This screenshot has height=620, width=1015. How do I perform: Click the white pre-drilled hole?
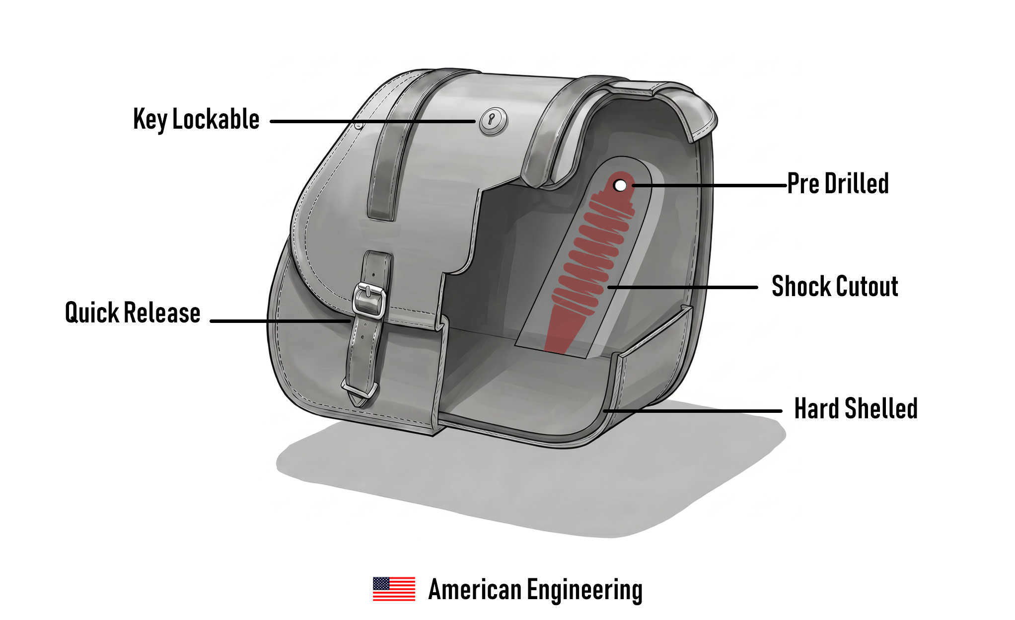(620, 185)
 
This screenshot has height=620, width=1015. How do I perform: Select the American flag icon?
(394, 589)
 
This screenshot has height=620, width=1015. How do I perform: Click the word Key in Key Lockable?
(150, 120)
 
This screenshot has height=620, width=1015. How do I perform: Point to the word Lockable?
(216, 119)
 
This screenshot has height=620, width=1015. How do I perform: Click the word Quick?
(92, 312)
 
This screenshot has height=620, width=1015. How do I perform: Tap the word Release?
(162, 312)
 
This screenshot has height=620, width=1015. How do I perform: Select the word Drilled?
(857, 183)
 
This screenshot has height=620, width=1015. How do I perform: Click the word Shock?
(801, 286)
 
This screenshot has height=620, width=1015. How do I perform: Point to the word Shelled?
(881, 408)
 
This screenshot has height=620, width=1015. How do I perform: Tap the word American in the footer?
(475, 590)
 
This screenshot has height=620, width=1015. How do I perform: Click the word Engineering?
(584, 591)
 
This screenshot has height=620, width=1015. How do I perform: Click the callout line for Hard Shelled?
(693, 411)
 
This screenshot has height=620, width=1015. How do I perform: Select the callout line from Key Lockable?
(372, 121)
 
